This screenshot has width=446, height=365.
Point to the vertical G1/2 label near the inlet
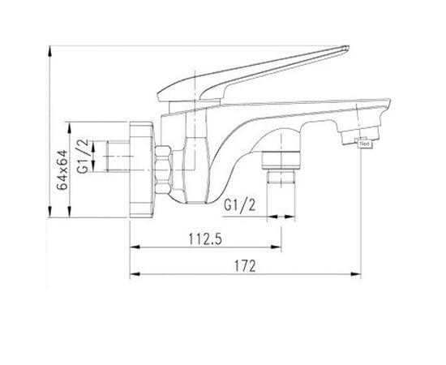tap(84, 157)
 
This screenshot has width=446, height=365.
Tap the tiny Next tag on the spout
tap(364, 145)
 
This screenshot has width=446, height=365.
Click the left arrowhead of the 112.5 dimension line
tap(132, 248)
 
